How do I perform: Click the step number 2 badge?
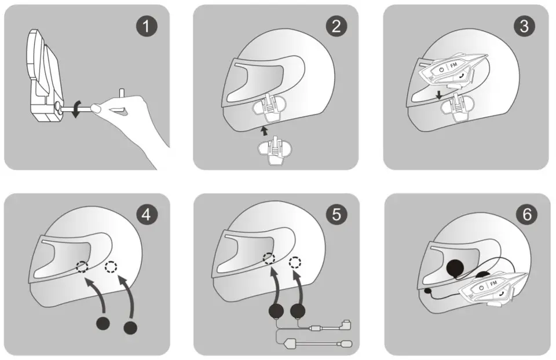coord(336,27)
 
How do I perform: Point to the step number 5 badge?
coord(336,214)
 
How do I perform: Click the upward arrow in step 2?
coord(265,131)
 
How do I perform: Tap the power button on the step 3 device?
coord(441,69)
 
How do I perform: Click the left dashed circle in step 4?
coord(83,266)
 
